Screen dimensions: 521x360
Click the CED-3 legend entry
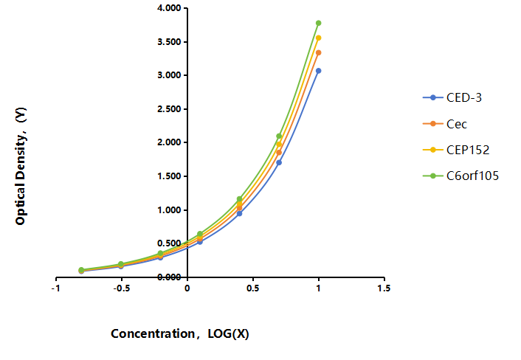coord(452,97)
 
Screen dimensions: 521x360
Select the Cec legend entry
coord(444,124)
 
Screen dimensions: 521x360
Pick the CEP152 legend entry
coord(456,150)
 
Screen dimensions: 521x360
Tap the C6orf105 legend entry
coord(460,176)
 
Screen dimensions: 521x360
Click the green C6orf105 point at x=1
coord(318,24)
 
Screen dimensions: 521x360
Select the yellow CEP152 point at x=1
coord(318,38)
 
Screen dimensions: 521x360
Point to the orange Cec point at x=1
coord(318,52)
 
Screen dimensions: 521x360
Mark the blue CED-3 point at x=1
coord(318,71)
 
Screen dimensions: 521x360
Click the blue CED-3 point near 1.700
coord(279,163)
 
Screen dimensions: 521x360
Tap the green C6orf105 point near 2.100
coord(279,136)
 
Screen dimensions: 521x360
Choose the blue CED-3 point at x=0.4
coord(239,213)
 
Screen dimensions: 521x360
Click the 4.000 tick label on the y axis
coord(169,8)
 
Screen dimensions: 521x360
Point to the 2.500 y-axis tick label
coord(169,109)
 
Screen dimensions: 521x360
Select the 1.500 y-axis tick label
coord(169,176)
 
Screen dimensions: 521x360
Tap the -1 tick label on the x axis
coord(55,288)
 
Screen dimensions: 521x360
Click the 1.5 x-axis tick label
coord(384,288)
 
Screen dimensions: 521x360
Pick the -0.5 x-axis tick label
coord(121,288)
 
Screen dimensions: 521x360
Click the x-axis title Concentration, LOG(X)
coord(180,333)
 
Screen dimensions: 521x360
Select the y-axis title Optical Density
coord(21,166)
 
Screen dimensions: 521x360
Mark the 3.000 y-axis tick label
coord(169,75)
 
